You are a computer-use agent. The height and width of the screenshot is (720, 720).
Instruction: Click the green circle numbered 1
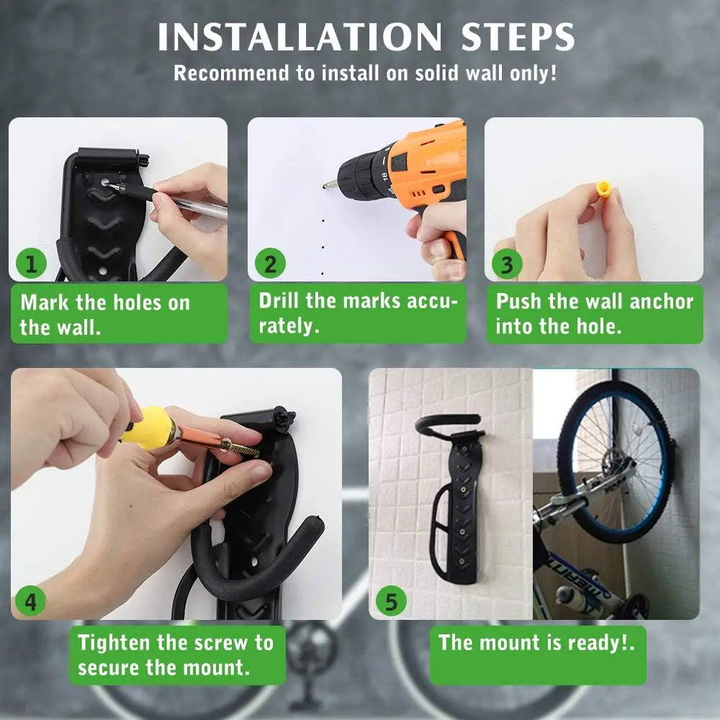coord(31,264)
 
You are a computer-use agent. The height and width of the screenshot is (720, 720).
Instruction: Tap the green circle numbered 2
coord(271,264)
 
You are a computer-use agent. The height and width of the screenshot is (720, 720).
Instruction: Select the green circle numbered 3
coord(507,264)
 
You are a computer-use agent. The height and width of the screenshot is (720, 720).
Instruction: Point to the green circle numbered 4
coord(30,601)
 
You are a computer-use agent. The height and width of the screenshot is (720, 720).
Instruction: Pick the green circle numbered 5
coord(391,601)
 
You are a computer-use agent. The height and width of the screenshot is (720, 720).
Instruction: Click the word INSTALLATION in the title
coord(300,37)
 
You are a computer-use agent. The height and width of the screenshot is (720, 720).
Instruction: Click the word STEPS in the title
coord(518,37)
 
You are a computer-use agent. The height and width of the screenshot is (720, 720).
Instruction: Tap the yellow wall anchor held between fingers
coord(603,188)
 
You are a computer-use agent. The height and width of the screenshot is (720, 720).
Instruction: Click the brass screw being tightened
coord(239,448)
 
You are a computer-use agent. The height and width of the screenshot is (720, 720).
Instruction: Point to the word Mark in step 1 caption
coord(45,302)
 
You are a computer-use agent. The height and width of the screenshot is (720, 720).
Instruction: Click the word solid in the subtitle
coord(437,73)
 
